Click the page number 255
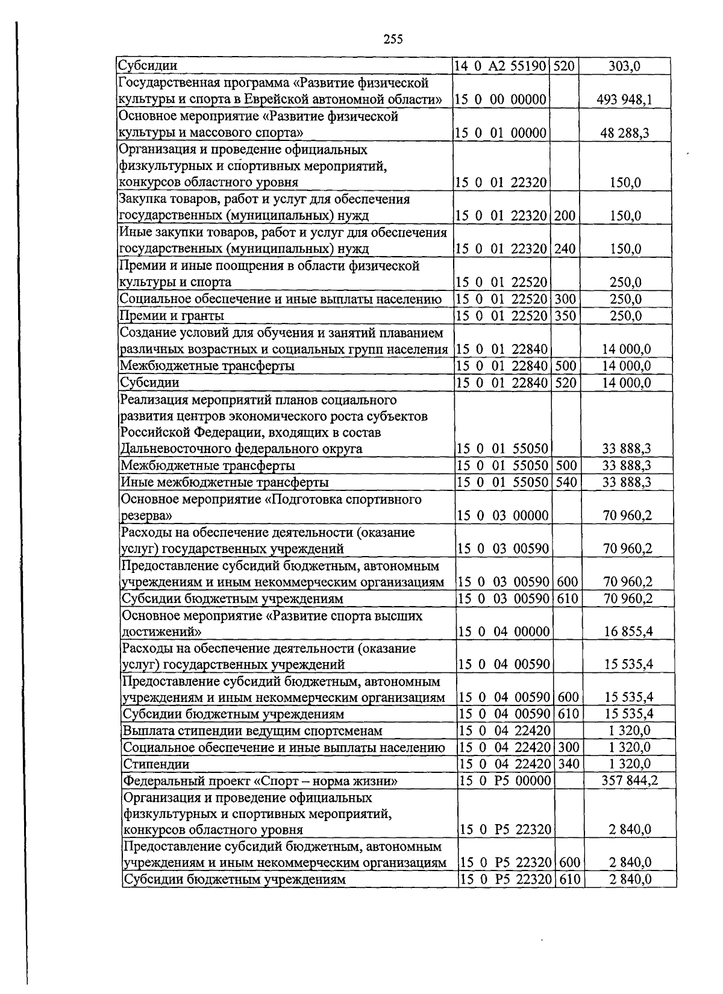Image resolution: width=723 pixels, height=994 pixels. point(393,39)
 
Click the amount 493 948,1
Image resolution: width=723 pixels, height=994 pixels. point(624,99)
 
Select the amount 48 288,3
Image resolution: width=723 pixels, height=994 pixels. point(624,133)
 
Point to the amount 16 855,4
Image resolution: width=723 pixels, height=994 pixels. point(628,631)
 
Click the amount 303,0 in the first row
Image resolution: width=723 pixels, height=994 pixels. point(624,66)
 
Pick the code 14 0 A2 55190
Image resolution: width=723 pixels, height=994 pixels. point(501,66)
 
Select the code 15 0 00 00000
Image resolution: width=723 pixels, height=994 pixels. point(501,99)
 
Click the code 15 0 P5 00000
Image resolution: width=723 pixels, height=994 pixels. point(505,781)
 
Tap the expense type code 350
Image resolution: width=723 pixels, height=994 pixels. point(565,315)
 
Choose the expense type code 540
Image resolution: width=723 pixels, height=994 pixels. point(566,482)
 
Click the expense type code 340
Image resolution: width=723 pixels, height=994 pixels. point(568,764)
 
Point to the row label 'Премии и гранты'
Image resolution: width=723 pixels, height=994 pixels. point(172,315)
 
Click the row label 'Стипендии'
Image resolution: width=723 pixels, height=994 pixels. point(156,764)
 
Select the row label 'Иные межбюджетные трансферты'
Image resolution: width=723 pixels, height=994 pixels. point(225,482)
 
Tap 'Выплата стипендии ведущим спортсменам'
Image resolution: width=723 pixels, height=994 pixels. point(252,731)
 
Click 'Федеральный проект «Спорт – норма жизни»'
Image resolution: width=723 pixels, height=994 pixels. point(260,781)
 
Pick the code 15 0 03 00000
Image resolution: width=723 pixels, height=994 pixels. point(503,515)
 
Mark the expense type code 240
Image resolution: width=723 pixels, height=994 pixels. point(565,248)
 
